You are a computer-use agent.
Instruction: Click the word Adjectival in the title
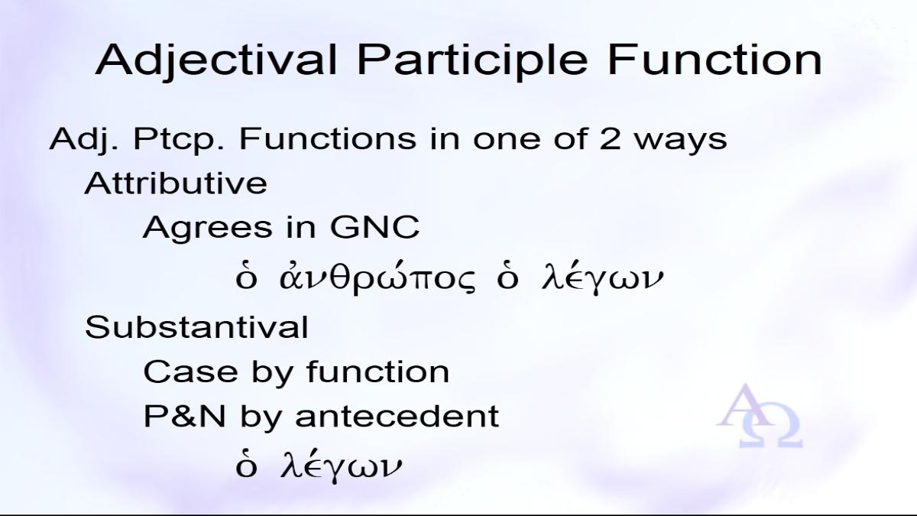[x=215, y=60]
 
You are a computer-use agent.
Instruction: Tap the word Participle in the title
[x=472, y=60]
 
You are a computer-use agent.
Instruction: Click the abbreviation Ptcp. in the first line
[x=179, y=141]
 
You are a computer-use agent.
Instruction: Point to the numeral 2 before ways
[x=611, y=138]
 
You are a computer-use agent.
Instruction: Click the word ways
[x=680, y=141]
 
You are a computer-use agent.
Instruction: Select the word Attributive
[x=176, y=183]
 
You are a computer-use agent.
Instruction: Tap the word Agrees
[x=208, y=228]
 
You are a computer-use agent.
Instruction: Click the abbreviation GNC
[x=374, y=226]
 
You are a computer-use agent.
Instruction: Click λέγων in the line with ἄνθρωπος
[x=601, y=279]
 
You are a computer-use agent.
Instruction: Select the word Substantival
[x=196, y=327]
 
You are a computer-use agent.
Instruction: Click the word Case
[x=191, y=372]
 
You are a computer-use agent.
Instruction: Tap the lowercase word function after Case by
[x=377, y=371]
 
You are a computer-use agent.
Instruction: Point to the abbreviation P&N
[x=185, y=416]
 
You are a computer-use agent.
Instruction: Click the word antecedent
[x=397, y=416]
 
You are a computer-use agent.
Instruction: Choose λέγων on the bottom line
[x=341, y=467]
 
